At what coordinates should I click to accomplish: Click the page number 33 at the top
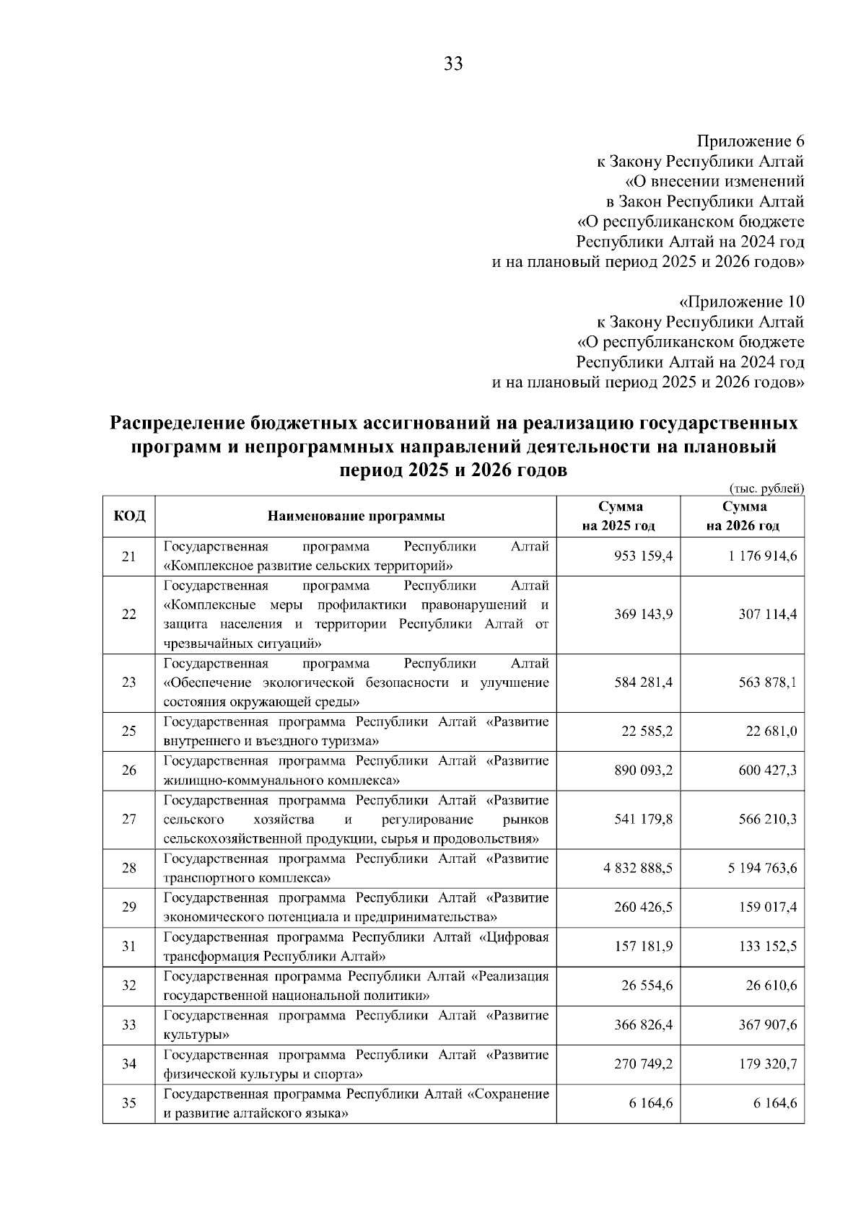click(453, 64)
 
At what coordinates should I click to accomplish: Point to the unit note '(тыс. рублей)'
click(767, 488)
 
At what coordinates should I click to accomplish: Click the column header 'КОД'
click(129, 516)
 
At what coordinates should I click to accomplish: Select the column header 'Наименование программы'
click(356, 516)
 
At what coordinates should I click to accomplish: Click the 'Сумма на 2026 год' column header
click(743, 516)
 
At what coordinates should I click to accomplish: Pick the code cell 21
click(129, 556)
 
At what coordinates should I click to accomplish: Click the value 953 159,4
click(643, 556)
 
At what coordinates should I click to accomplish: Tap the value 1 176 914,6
click(762, 556)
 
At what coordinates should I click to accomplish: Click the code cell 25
click(129, 732)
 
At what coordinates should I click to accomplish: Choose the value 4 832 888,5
click(638, 868)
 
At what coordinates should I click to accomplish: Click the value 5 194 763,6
click(762, 868)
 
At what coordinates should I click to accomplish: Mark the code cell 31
click(129, 947)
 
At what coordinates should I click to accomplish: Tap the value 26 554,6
click(647, 985)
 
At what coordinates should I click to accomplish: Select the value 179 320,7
click(767, 1064)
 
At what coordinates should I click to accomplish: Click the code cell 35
click(129, 1103)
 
